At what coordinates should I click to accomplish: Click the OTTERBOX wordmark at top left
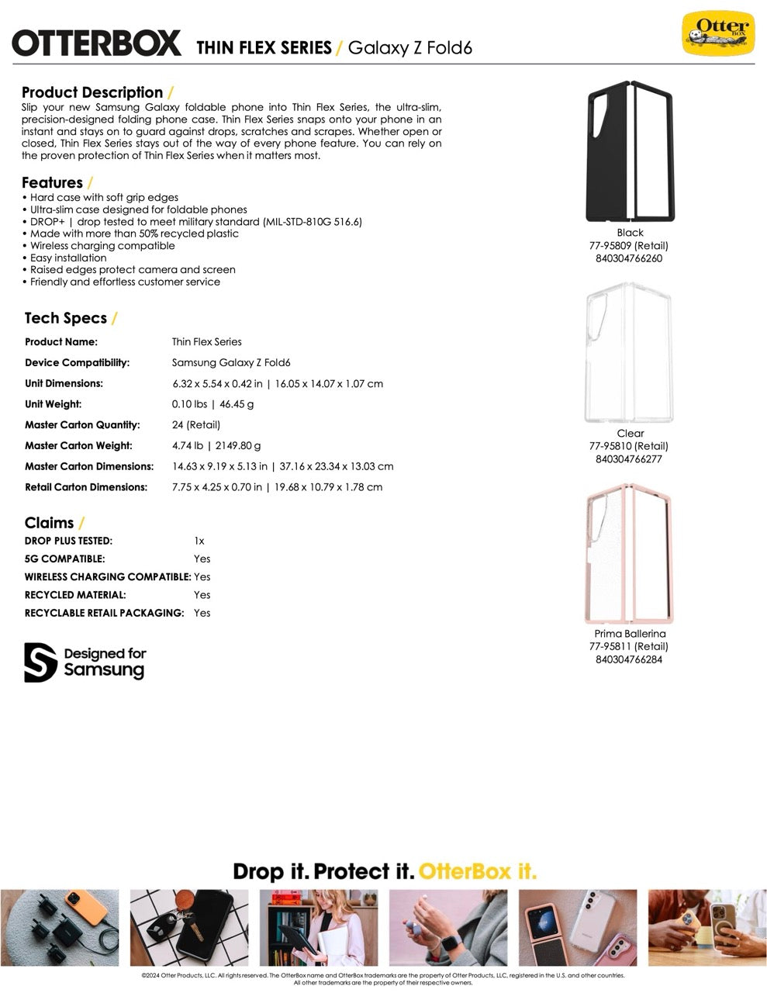96,43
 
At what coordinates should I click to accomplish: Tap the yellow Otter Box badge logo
717,33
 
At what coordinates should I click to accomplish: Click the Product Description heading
92,92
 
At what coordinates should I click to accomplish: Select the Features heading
52,183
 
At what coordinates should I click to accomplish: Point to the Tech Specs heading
66,318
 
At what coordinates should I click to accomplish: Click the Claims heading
49,523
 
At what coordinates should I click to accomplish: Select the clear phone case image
630,352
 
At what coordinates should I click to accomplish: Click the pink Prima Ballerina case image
630,553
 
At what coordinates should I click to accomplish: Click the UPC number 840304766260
629,258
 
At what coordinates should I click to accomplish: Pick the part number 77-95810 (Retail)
629,446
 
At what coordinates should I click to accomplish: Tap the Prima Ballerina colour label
630,634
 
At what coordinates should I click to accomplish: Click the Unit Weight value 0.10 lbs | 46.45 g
212,404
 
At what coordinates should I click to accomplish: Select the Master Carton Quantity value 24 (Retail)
196,425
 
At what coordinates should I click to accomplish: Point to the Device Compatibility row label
77,363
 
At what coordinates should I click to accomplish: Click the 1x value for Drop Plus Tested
199,541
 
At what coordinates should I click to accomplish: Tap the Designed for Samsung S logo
40,663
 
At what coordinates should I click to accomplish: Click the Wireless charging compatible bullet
102,246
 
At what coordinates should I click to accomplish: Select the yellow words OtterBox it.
477,871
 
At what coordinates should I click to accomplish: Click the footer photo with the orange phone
60,927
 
